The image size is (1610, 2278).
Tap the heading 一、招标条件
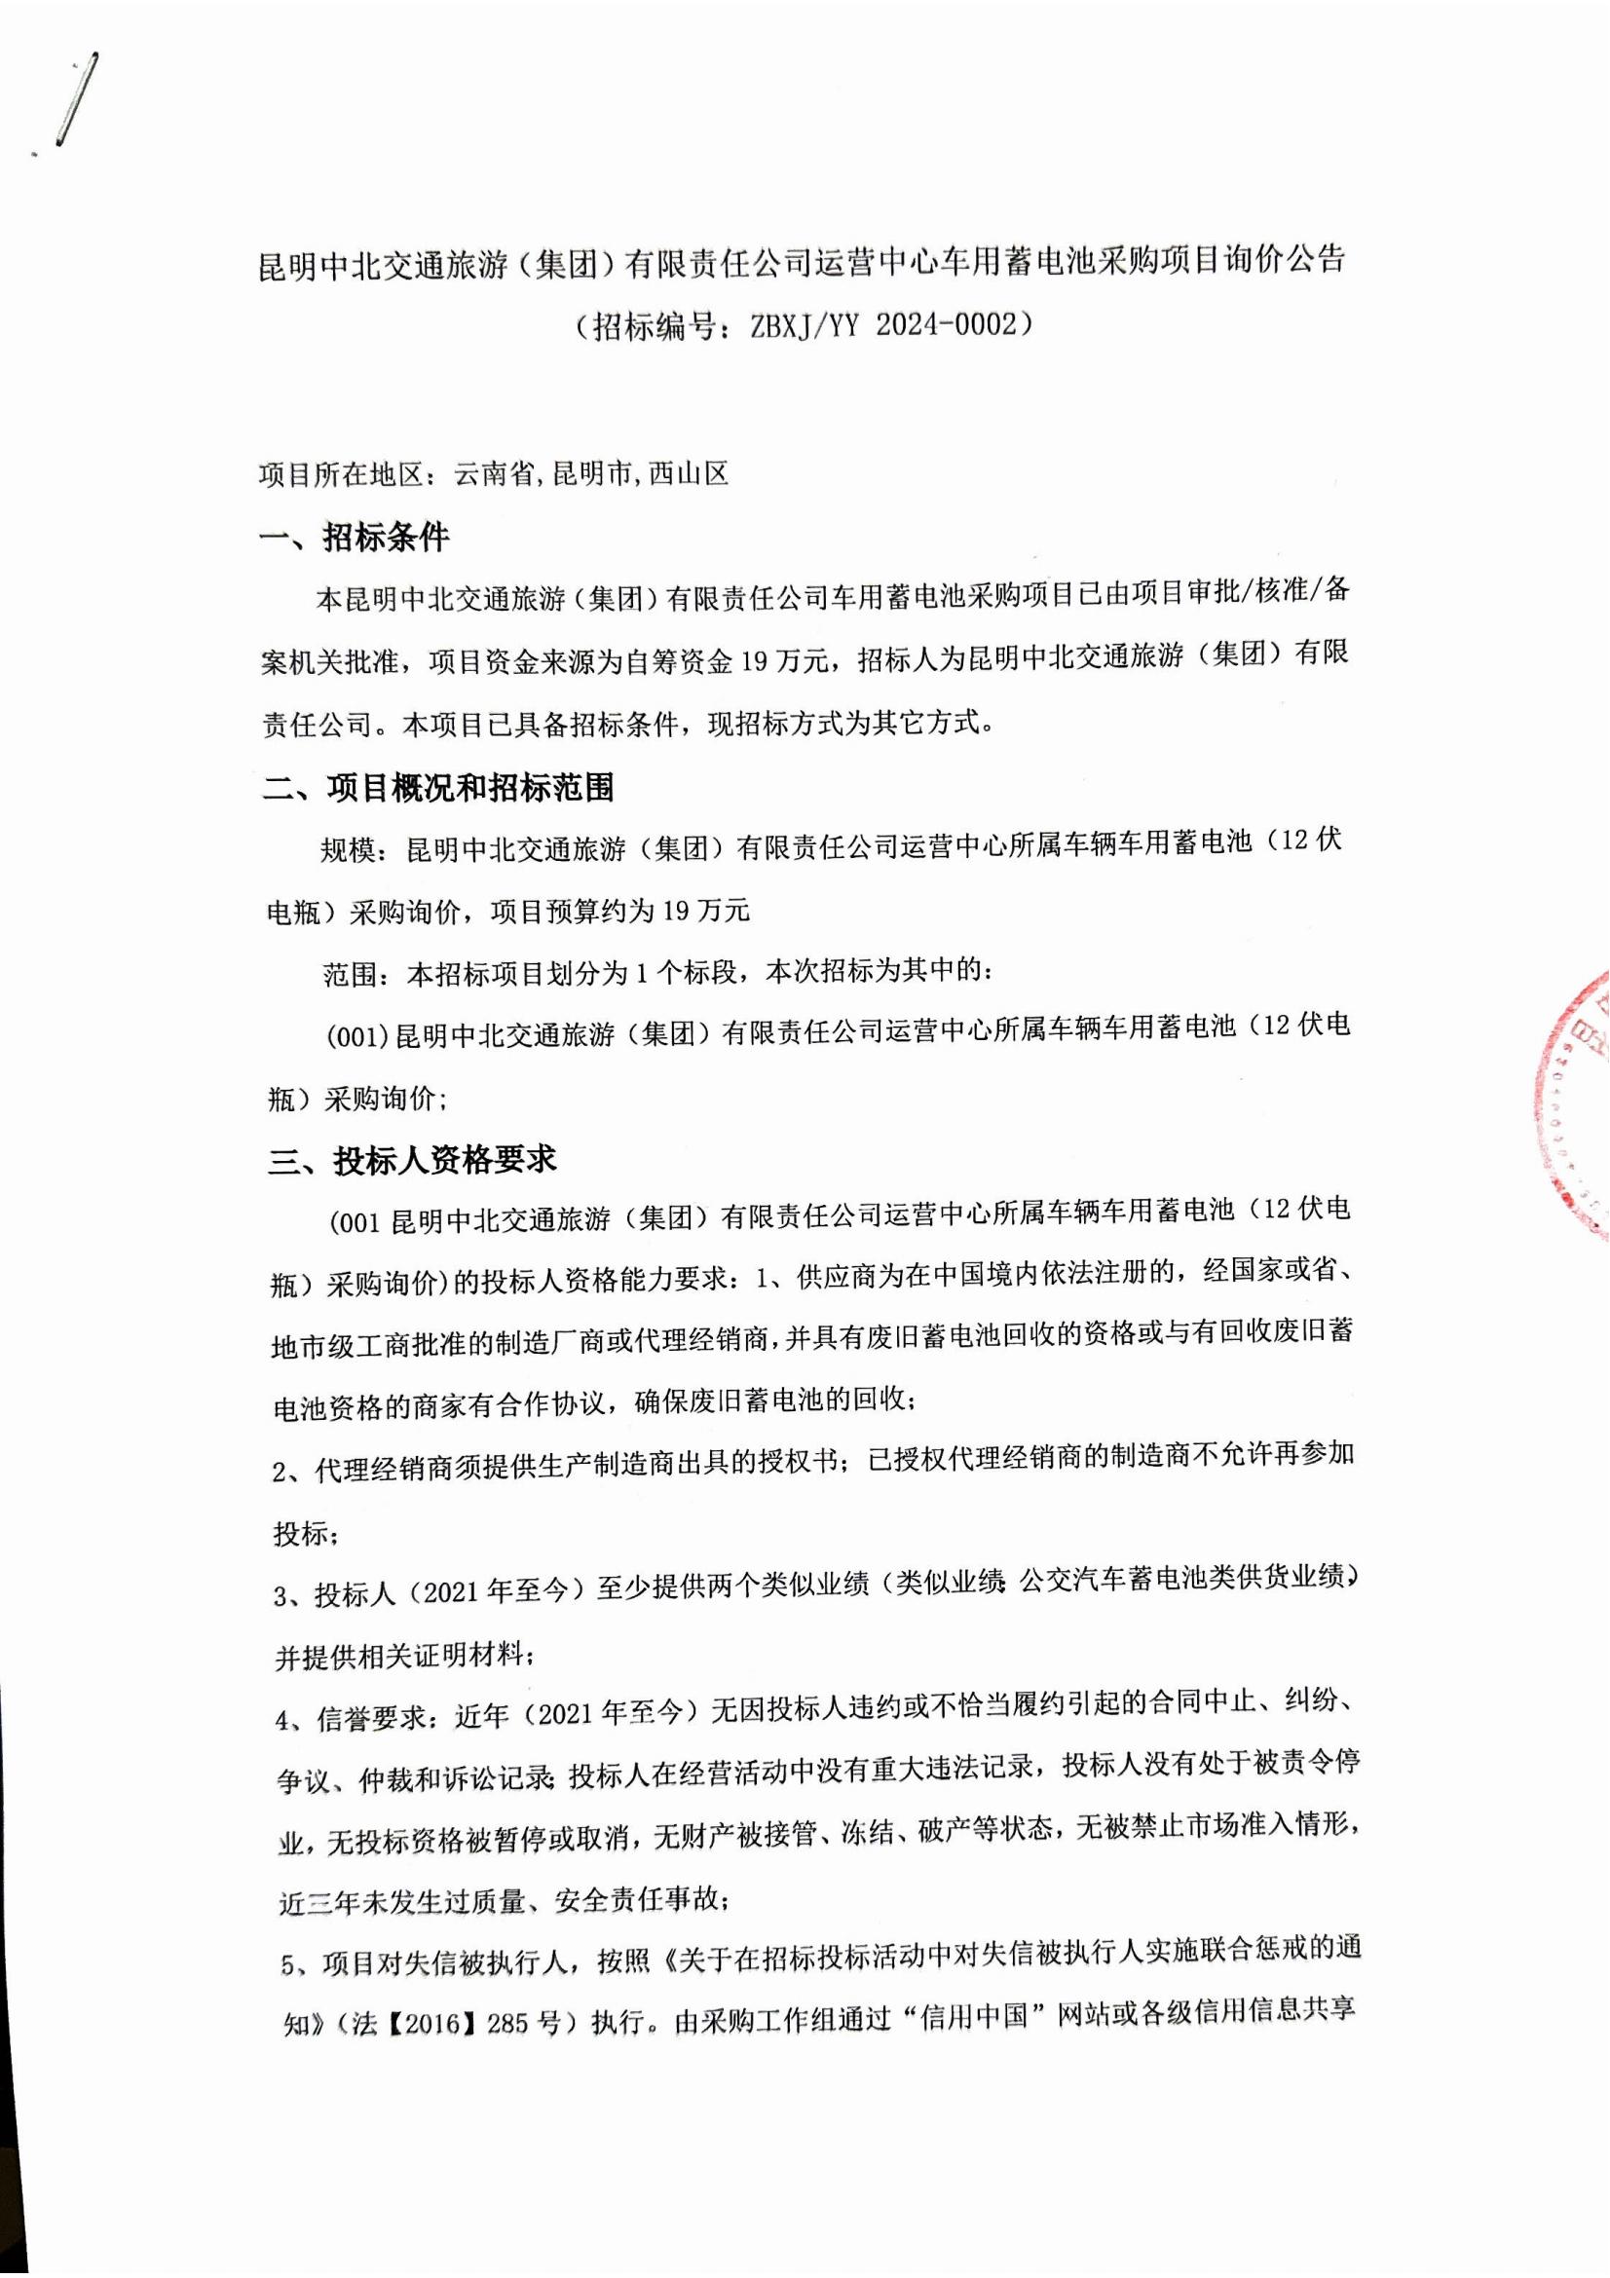pyautogui.click(x=355, y=539)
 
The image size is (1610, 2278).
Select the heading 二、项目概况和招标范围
pyautogui.click(x=437, y=788)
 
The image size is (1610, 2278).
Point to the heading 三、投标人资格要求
pyautogui.click(x=412, y=1160)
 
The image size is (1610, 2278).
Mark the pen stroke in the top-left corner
pyautogui.click(x=77, y=99)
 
